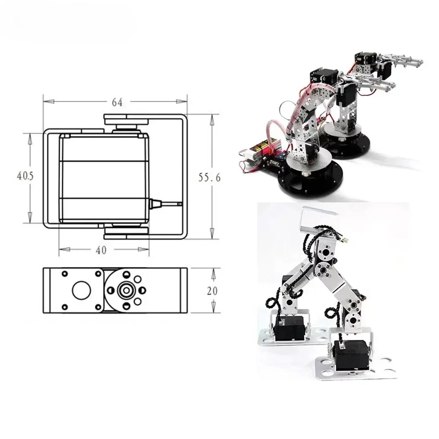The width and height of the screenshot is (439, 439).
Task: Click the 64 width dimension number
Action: [116, 102]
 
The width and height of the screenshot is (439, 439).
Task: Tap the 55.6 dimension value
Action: [209, 177]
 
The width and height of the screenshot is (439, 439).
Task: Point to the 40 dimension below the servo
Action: [101, 250]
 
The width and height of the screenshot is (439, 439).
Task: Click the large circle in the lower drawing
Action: [80, 290]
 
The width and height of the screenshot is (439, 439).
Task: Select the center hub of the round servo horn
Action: [126, 290]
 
